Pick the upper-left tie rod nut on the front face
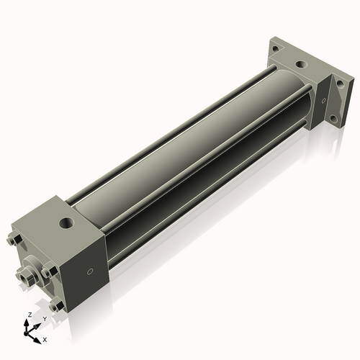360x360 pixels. click(14, 240)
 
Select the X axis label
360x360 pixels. click(45, 338)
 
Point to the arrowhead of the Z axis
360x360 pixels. click(27, 322)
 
